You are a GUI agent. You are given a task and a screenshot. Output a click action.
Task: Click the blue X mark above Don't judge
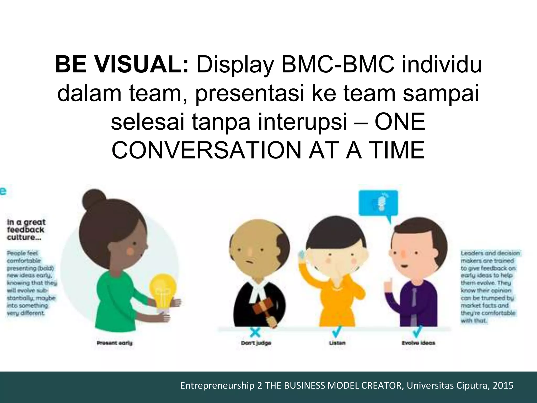pyautogui.click(x=255, y=333)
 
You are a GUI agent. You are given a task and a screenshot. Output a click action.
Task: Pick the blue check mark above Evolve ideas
pyautogui.click(x=417, y=332)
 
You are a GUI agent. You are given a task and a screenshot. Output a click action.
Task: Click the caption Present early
pyautogui.click(x=114, y=343)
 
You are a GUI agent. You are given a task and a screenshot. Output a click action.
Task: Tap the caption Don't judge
pyautogui.click(x=256, y=343)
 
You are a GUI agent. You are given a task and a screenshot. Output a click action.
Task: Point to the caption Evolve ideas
pyautogui.click(x=418, y=343)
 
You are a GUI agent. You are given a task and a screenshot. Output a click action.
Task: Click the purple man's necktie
pyautogui.click(x=414, y=304)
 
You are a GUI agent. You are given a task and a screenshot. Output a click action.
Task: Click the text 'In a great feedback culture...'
pyautogui.click(x=26, y=230)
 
